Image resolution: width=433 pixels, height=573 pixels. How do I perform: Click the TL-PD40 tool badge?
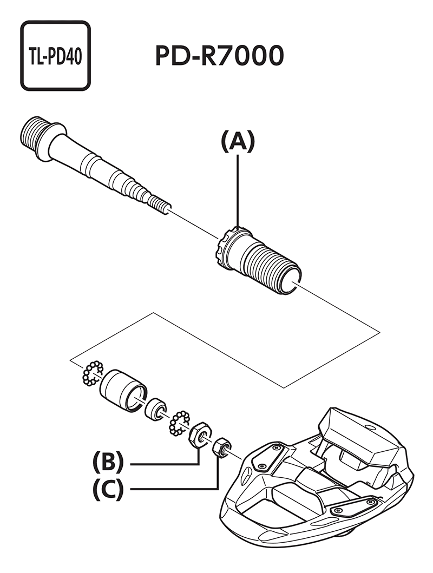55,56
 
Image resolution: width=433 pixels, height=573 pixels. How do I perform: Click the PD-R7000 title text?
219,56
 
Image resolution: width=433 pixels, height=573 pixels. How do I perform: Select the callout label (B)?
108,464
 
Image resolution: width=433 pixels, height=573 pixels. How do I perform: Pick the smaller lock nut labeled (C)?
221,448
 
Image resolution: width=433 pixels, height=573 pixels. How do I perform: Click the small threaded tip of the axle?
160,205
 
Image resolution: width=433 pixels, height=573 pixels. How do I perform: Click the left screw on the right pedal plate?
338,510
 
